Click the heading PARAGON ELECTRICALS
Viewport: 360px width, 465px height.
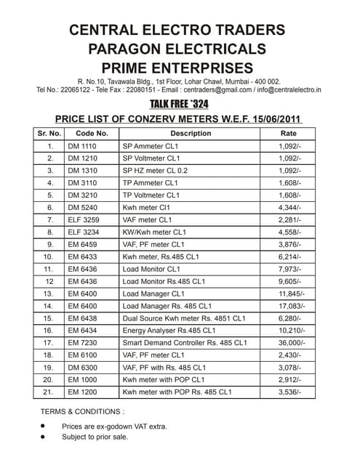177,49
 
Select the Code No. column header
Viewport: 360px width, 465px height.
92,134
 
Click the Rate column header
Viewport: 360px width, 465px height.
289,134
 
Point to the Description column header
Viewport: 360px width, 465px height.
191,134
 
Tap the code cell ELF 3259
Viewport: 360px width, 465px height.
84,219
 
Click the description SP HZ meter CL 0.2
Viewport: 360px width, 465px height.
155,170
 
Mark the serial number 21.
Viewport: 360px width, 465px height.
49,392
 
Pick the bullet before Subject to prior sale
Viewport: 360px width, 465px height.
44,437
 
